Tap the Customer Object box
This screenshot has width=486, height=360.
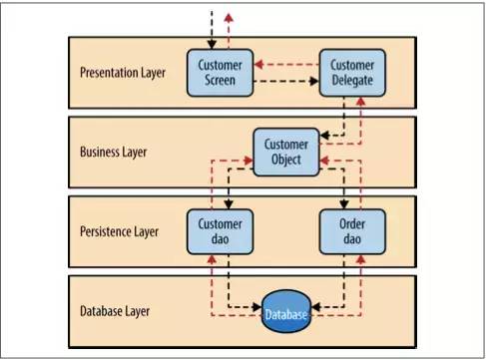tap(285, 152)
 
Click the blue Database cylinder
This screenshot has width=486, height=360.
tap(285, 315)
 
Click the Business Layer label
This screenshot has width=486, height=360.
tap(113, 153)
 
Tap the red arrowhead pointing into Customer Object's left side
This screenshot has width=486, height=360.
tap(248, 159)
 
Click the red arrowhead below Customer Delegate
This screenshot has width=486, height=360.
tap(359, 104)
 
